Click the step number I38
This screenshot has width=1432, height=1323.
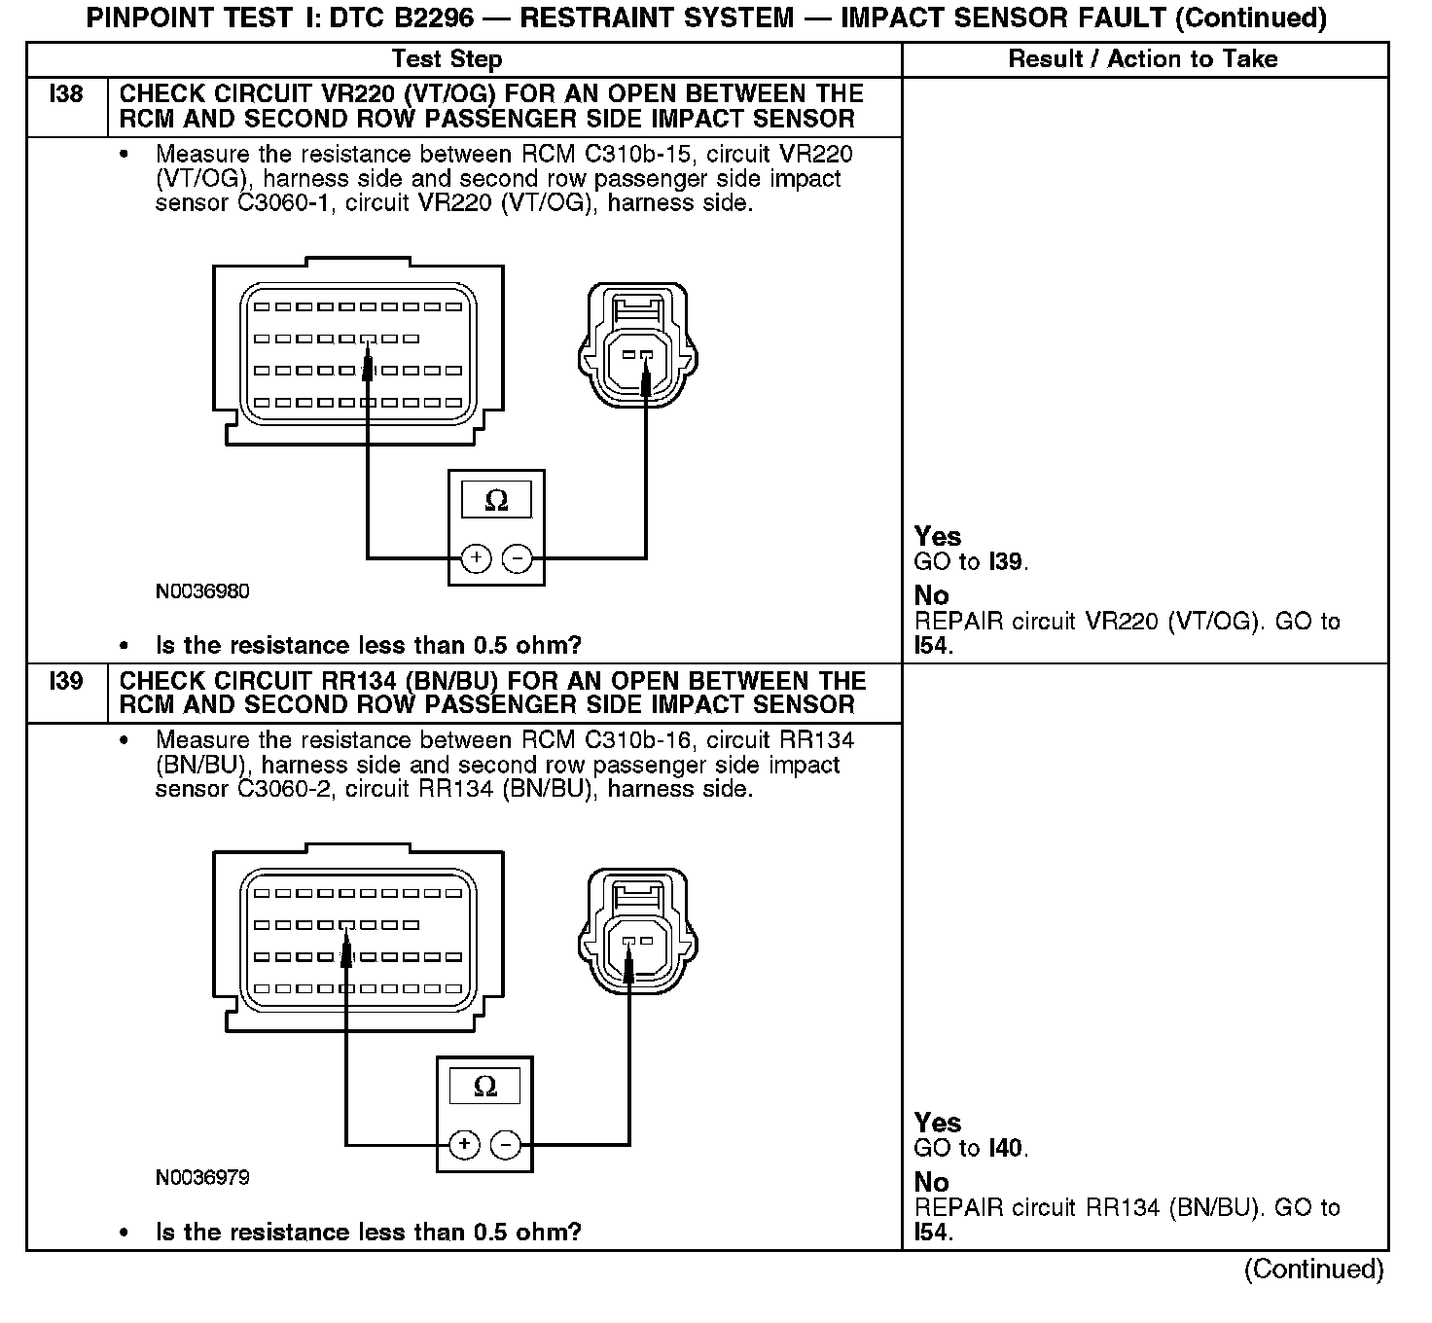pos(66,94)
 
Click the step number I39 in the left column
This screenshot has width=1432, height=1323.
pos(66,681)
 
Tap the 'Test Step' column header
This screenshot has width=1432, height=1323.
pos(447,59)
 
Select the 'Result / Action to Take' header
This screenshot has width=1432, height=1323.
pos(1142,59)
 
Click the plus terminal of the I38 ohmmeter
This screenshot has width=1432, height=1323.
pos(475,558)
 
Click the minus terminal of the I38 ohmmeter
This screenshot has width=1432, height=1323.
pos(518,558)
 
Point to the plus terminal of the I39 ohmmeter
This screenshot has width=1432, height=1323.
pos(464,1144)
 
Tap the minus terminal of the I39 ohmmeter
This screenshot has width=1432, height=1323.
pos(506,1144)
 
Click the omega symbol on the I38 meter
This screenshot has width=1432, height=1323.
pos(496,501)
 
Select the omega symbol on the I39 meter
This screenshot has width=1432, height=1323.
pos(484,1087)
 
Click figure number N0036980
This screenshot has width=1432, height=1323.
pos(202,591)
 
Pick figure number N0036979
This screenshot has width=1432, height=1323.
pos(202,1178)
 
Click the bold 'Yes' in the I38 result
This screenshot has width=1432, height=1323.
pos(938,537)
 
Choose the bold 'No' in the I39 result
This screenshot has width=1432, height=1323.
pos(931,1183)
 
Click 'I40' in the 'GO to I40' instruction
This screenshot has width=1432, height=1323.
pos(1005,1149)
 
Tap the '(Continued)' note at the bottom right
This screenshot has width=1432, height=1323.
pos(1313,1269)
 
